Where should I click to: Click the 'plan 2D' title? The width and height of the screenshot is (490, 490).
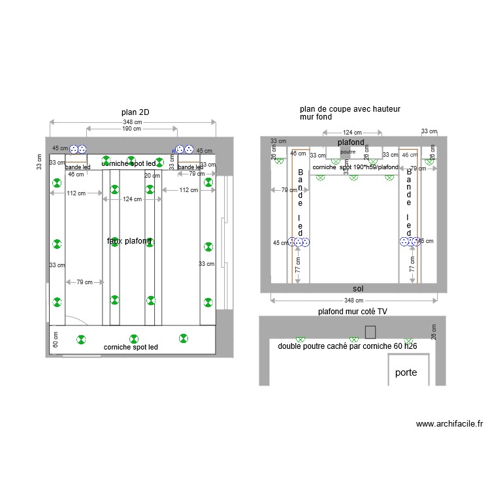point(135,112)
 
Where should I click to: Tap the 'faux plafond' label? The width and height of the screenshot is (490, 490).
point(129,241)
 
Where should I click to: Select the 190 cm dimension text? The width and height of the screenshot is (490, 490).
point(131,129)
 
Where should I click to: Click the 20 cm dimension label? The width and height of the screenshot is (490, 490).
point(152,176)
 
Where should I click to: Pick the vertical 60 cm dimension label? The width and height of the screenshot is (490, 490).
point(56,340)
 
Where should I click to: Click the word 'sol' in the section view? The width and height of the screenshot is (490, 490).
point(357,288)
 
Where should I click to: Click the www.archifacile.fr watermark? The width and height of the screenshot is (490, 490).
point(449,424)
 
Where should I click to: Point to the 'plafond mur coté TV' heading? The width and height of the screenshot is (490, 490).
point(353,312)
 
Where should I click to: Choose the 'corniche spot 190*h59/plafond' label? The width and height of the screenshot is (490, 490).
point(355,167)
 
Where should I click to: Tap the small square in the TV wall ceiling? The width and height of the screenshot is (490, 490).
point(370,331)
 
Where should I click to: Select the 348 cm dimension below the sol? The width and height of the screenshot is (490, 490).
point(355,301)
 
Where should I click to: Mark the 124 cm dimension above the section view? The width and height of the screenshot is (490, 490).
point(353,133)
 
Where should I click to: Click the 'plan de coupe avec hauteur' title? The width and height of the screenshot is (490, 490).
point(350,108)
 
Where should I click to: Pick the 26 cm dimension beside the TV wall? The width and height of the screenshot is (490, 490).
point(433,332)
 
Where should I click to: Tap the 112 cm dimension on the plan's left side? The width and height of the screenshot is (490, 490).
point(77,191)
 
